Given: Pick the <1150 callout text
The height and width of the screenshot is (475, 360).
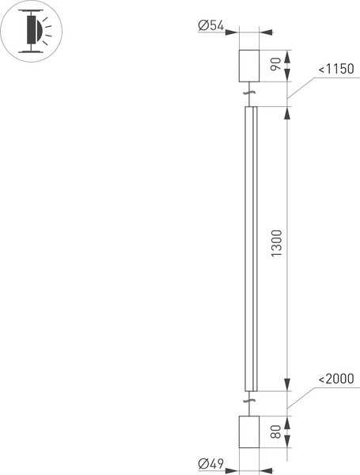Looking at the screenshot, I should (337, 70).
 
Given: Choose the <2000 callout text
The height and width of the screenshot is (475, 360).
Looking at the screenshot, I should (337, 380).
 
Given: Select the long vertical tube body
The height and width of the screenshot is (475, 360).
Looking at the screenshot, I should (250, 248).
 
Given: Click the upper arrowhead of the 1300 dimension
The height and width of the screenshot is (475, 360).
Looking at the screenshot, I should (286, 112).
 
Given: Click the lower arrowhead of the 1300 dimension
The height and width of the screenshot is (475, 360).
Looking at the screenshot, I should (286, 386).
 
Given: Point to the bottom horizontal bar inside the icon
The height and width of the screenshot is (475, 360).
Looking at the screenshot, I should (29, 49).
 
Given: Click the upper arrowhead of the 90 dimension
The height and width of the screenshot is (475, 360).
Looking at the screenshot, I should (286, 54).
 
